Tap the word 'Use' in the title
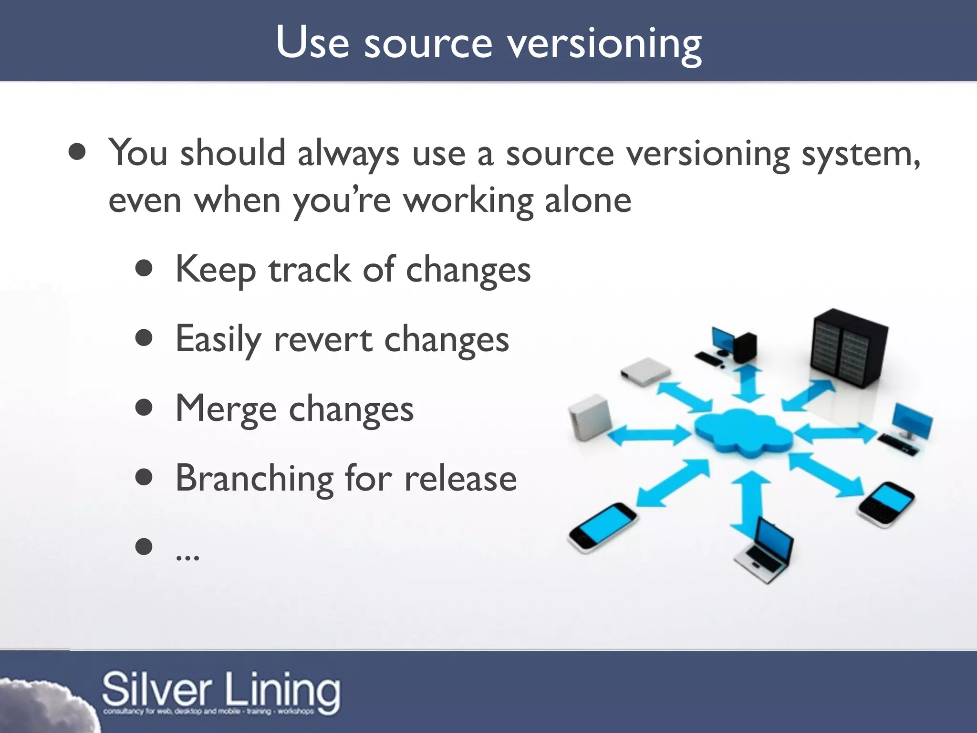coord(312,43)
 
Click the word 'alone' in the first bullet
coord(588,200)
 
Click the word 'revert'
coord(323,340)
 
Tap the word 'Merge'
coord(226,409)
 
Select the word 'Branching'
coord(254,478)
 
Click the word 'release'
coord(460,479)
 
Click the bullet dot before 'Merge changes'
coord(144,408)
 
